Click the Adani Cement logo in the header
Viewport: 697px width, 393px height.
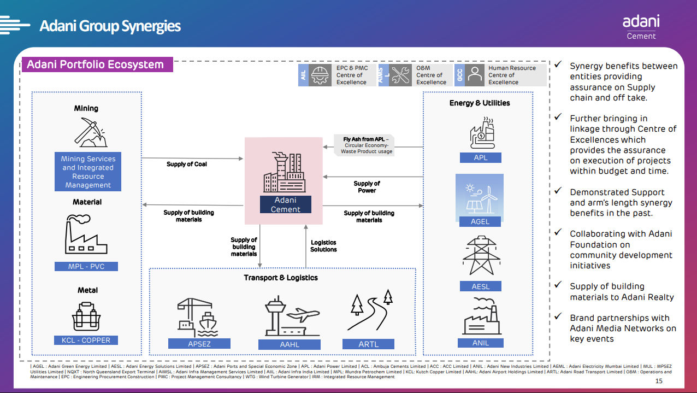pyautogui.click(x=641, y=26)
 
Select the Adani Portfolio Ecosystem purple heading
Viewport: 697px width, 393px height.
pyautogui.click(x=96, y=64)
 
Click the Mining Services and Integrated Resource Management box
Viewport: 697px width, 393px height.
pyautogui.click(x=88, y=172)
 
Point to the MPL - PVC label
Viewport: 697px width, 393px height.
pyautogui.click(x=86, y=267)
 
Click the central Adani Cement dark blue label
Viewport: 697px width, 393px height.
pyautogui.click(x=285, y=204)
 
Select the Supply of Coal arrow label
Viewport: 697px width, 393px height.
pyautogui.click(x=187, y=164)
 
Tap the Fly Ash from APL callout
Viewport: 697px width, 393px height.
pyautogui.click(x=365, y=145)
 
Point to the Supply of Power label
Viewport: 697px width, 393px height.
pyautogui.click(x=367, y=187)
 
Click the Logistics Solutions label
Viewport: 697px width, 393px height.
pyautogui.click(x=323, y=246)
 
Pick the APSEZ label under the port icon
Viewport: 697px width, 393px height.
pyautogui.click(x=199, y=344)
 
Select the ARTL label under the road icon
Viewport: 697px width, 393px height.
pyautogui.click(x=369, y=344)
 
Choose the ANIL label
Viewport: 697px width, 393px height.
pyautogui.click(x=481, y=343)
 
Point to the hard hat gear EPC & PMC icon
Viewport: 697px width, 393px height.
pyautogui.click(x=320, y=75)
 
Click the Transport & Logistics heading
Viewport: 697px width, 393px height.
pyautogui.click(x=281, y=278)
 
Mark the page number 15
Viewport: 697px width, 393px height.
pyautogui.click(x=658, y=381)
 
